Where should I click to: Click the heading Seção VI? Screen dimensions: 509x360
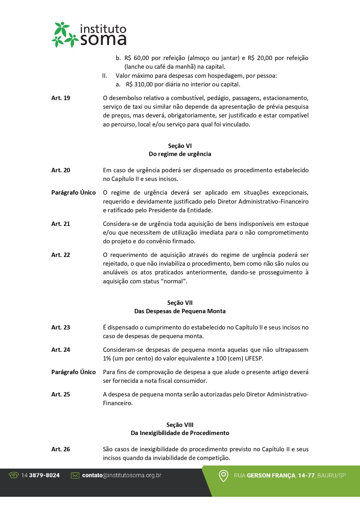pos(180,146)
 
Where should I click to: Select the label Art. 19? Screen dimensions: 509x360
pos(61,98)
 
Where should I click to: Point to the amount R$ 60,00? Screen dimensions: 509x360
pos(137,58)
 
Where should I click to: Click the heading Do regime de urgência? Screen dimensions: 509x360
pos(180,154)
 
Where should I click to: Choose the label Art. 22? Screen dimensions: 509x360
pos(61,255)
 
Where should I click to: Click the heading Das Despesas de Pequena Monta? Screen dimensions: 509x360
pos(180,311)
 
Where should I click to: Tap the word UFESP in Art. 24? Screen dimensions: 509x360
pos(254,358)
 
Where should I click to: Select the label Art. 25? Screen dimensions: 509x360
pos(61,394)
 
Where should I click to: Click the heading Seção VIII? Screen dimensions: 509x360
pos(180,425)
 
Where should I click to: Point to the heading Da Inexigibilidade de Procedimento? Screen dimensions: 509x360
pos(180,433)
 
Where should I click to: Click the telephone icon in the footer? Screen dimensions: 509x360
pos(14,475)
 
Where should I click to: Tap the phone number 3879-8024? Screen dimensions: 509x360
pos(44,475)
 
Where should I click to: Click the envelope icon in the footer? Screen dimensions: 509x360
pos(75,475)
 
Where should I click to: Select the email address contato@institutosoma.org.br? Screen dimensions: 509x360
pos(122,475)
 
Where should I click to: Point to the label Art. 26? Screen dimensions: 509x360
pos(61,449)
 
